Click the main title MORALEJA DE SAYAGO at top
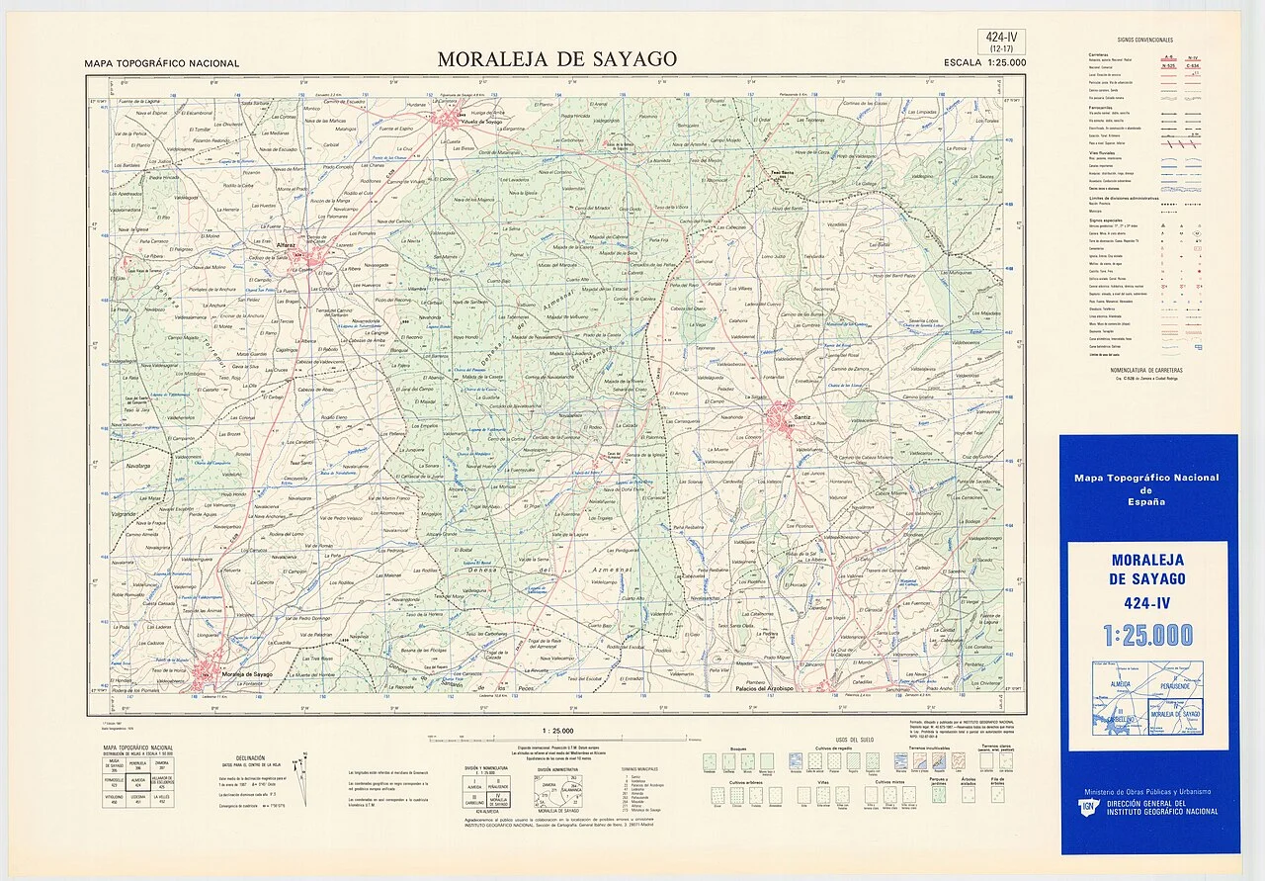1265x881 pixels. (x=557, y=59)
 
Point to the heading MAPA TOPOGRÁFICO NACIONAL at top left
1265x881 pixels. (x=162, y=63)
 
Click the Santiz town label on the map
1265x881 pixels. (x=801, y=418)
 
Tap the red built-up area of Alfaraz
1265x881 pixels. (x=312, y=258)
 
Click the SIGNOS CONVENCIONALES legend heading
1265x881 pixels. (x=1144, y=40)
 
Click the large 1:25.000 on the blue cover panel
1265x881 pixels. (x=1148, y=636)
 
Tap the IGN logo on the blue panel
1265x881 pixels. (x=1087, y=806)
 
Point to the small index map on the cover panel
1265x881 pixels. (x=1147, y=698)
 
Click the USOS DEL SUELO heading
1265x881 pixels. (x=855, y=741)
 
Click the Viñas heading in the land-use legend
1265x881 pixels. (x=821, y=781)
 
